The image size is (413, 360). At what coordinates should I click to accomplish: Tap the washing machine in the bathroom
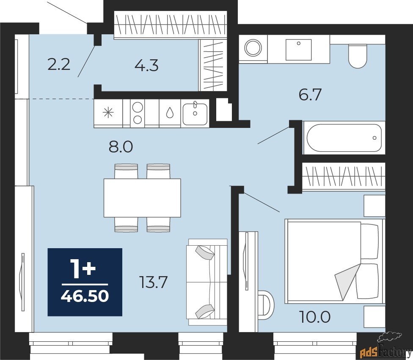253,48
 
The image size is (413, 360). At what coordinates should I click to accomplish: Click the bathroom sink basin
299,50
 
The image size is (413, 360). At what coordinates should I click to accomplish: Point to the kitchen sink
195,114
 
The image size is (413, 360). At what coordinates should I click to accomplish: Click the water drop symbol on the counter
170,114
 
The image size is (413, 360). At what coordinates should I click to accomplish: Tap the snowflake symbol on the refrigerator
108,114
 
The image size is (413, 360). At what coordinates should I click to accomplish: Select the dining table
142,198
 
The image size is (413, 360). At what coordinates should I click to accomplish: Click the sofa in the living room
207,282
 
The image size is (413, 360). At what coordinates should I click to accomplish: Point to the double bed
335,261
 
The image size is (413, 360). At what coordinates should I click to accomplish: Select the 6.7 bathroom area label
310,94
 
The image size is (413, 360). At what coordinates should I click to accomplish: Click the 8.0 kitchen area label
121,147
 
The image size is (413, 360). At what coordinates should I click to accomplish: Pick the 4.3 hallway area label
146,65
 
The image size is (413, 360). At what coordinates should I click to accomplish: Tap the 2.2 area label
59,64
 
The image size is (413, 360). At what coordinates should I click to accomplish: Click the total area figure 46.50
85,296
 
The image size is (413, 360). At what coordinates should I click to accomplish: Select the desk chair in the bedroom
266,305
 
